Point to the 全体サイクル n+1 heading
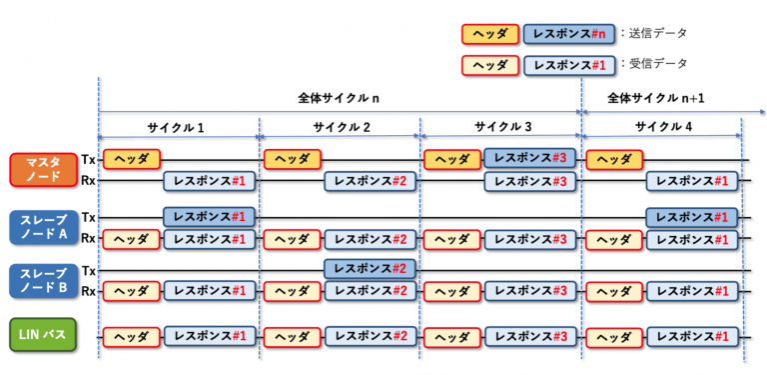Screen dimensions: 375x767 coord(655,98)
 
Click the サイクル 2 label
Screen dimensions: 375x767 coord(340,128)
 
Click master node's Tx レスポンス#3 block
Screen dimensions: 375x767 coord(530,159)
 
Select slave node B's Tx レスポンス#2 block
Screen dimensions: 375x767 coord(370,270)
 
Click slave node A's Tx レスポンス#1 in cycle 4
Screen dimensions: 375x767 coord(691,217)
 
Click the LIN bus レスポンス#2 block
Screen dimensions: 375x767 coord(370,337)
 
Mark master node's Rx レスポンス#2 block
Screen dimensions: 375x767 coord(370,181)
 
